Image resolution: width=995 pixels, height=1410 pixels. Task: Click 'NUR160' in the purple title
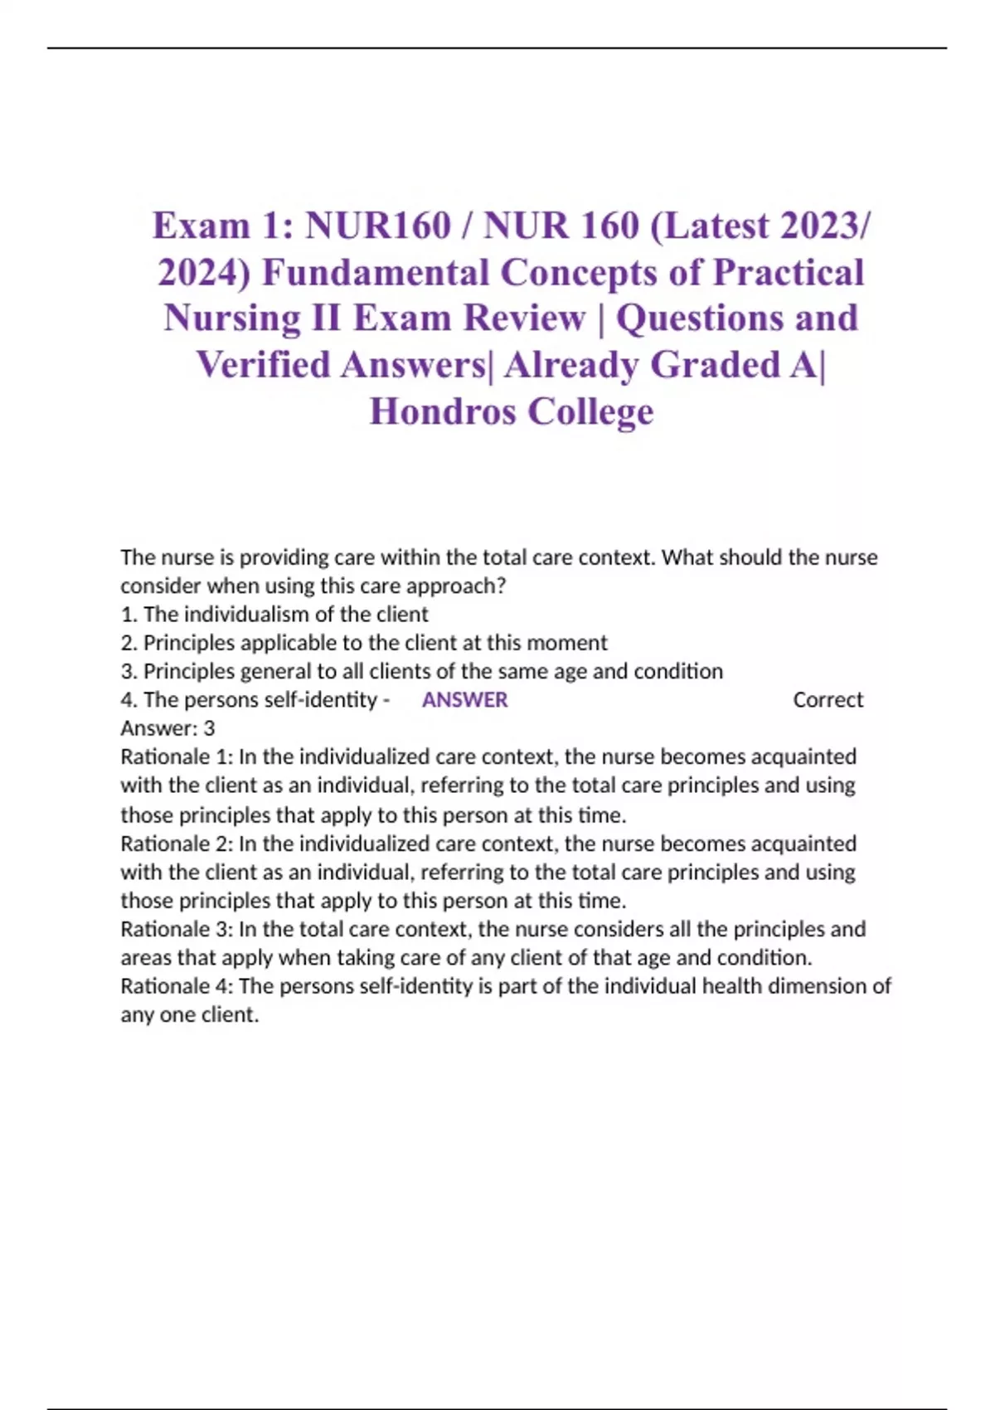coord(377,226)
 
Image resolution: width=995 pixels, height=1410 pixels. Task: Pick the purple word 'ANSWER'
coord(464,700)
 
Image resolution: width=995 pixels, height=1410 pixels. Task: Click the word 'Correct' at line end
coord(828,700)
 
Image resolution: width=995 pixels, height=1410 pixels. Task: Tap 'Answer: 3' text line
coord(167,728)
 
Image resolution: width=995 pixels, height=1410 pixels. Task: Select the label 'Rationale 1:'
coord(177,756)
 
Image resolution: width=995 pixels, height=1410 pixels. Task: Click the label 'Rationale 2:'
coord(177,844)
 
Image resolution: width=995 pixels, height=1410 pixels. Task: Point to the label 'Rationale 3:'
coord(177,929)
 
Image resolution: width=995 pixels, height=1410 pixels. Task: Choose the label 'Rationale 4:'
coord(177,986)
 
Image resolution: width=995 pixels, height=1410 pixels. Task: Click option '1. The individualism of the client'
coord(274,615)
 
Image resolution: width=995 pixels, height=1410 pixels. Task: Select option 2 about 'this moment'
coord(364,643)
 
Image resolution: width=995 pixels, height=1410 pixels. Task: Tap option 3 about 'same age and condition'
coord(421,671)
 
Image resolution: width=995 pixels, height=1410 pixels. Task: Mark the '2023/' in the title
coord(817,226)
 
